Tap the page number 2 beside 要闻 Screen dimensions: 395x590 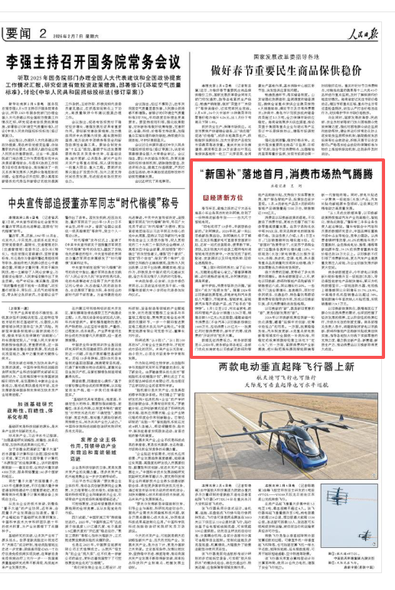46,12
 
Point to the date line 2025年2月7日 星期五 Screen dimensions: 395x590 79,13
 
